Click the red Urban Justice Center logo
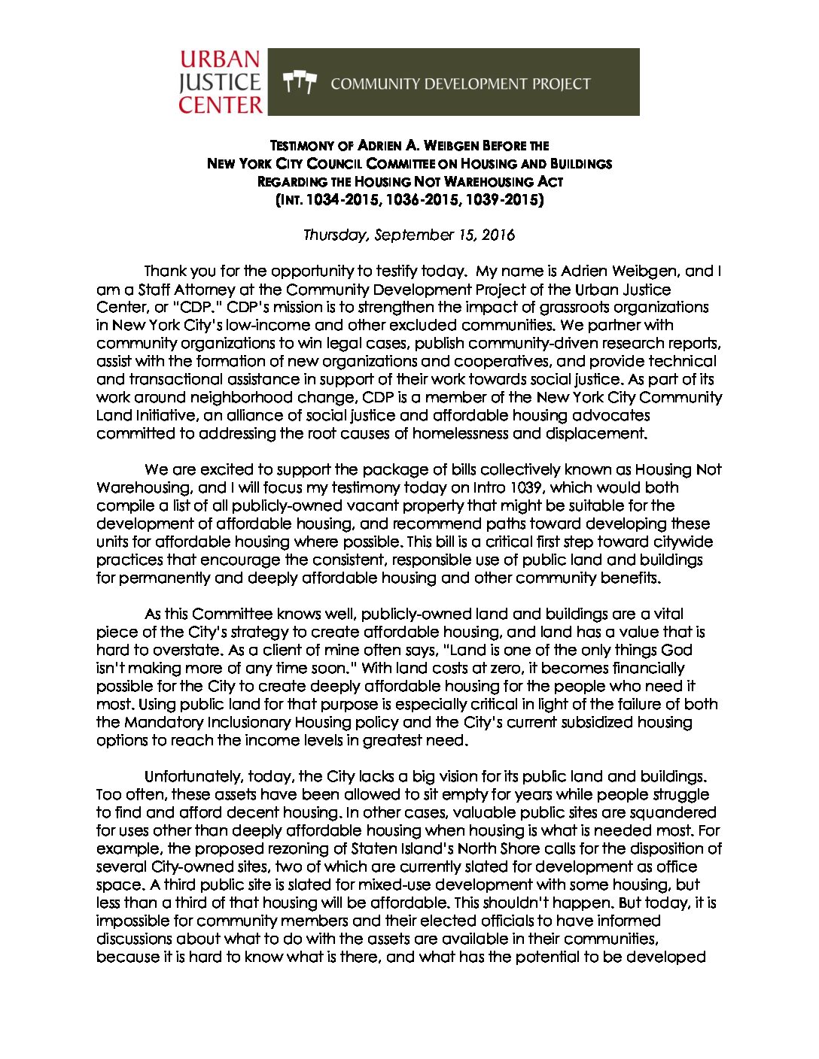pyautogui.click(x=221, y=82)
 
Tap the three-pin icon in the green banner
pyautogui.click(x=299, y=83)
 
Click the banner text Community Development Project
pyautogui.click(x=460, y=83)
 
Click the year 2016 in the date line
pyautogui.click(x=498, y=235)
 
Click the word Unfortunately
pyautogui.click(x=193, y=776)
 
